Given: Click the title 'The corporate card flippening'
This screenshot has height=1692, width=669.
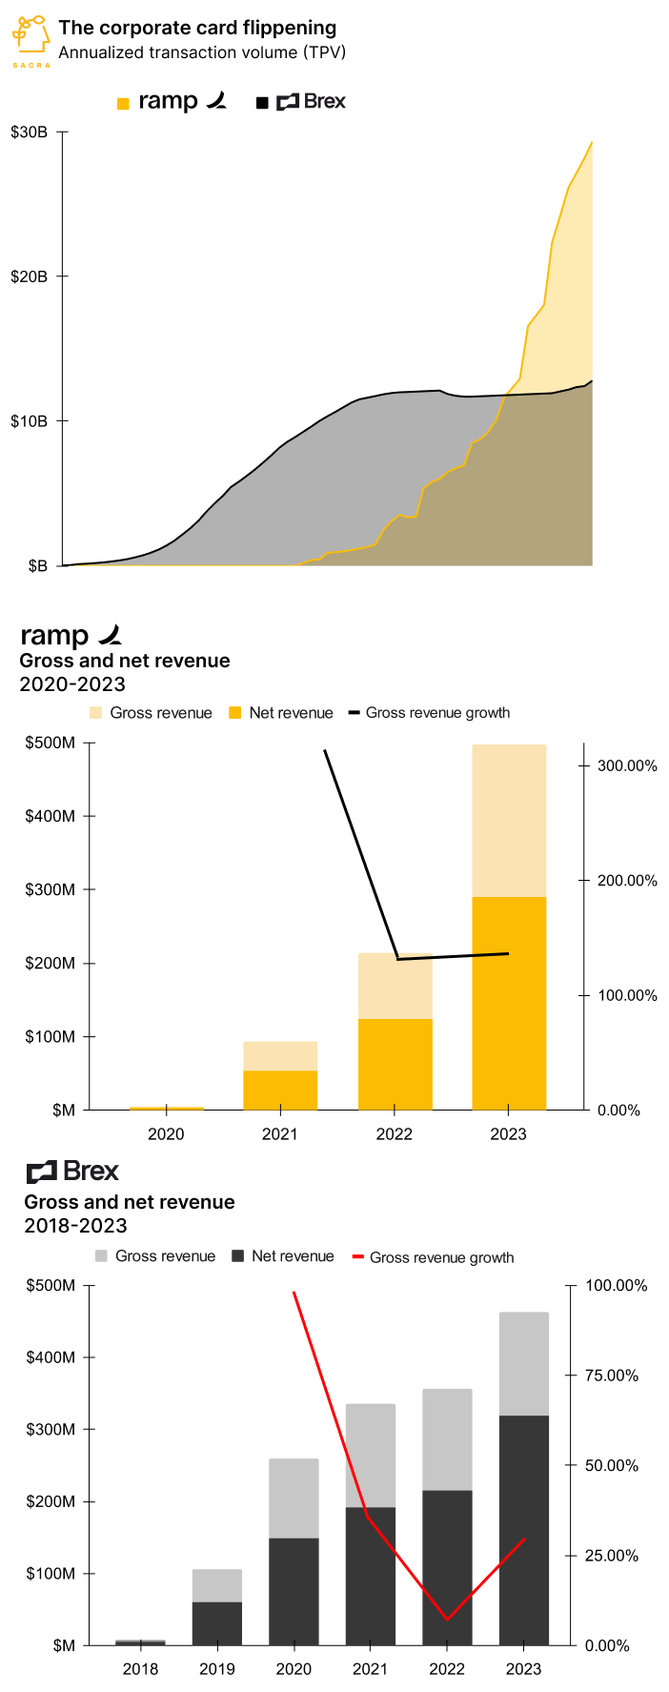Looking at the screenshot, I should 197,28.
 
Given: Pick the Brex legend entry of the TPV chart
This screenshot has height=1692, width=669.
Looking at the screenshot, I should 301,101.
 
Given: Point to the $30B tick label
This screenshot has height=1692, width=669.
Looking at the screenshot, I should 30,133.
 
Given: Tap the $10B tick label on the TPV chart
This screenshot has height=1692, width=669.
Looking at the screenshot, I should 30,421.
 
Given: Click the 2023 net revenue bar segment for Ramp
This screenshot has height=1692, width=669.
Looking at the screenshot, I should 509,1003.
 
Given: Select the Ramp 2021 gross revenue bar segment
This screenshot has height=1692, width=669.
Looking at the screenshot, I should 280,1056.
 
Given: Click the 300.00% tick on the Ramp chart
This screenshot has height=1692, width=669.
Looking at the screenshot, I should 627,766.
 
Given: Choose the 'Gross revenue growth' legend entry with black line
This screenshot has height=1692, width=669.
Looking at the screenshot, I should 429,713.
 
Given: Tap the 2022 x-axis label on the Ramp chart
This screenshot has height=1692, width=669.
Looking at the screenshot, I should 395,1134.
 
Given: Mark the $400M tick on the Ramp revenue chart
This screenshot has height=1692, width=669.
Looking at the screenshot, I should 51,816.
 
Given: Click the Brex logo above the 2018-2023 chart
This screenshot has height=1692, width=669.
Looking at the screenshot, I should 72,1172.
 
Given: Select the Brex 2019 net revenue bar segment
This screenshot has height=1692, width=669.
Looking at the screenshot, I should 217,1623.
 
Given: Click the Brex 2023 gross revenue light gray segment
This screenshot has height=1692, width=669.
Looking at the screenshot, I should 524,1364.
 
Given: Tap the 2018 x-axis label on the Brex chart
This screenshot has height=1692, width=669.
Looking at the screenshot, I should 141,1669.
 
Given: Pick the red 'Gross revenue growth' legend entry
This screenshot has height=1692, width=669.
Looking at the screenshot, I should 434,1257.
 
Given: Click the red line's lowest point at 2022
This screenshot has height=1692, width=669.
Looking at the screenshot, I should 447,1619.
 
